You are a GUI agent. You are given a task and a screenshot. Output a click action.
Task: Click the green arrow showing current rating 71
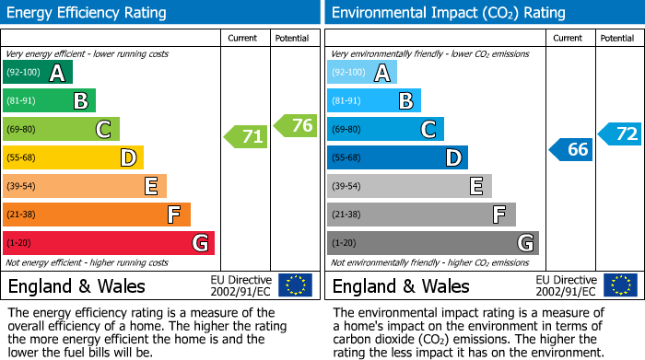(x=246, y=137)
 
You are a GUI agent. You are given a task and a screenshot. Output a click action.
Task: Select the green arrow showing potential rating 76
(x=296, y=125)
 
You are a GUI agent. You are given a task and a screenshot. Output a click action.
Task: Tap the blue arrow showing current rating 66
(x=571, y=149)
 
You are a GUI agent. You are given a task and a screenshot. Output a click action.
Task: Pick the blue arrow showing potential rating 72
(x=620, y=134)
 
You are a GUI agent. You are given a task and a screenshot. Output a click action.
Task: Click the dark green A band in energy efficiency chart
(x=38, y=73)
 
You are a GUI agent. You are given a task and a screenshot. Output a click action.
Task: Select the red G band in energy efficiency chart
(x=109, y=243)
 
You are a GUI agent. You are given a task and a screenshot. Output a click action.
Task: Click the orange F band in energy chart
(x=97, y=215)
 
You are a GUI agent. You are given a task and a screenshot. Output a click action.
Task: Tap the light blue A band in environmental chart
(x=362, y=73)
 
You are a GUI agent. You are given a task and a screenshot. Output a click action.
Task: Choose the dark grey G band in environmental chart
(x=433, y=243)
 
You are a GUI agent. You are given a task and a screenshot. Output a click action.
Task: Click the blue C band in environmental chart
(x=385, y=130)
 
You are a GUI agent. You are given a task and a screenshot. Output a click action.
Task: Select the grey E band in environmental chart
(x=409, y=186)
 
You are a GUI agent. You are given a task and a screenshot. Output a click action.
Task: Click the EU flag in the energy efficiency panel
(x=295, y=285)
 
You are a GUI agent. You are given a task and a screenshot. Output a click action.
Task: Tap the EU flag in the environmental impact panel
(x=619, y=285)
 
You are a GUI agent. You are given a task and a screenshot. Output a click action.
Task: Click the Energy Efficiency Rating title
(x=88, y=13)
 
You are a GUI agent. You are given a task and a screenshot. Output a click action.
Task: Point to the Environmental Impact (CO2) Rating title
(x=448, y=13)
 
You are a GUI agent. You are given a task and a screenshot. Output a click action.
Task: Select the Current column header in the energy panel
(x=244, y=38)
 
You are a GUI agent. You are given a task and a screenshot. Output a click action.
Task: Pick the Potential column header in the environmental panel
(x=617, y=38)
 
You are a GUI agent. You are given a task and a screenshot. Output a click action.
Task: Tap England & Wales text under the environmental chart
(x=401, y=286)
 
